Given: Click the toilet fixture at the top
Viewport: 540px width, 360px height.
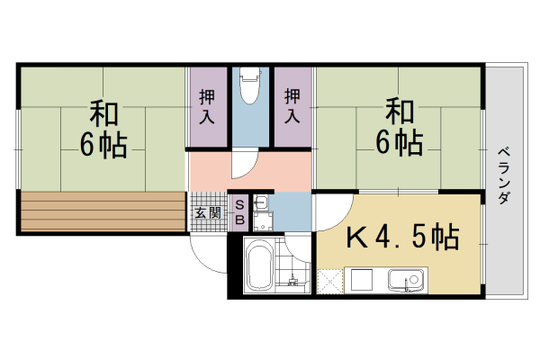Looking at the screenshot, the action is click(x=249, y=85).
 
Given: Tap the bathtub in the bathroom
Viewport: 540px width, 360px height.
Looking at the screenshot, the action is click(x=260, y=265).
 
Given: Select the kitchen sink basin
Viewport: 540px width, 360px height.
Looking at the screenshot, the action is click(x=406, y=279).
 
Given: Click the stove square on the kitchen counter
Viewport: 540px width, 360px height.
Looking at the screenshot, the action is click(x=361, y=280).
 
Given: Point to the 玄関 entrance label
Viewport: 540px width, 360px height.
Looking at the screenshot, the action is click(x=207, y=213).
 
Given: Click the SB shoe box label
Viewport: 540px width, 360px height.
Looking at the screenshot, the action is click(x=239, y=212).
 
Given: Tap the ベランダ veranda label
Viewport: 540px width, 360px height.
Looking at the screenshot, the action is click(x=504, y=175).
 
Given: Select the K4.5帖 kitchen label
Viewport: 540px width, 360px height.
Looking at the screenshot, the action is click(x=402, y=237).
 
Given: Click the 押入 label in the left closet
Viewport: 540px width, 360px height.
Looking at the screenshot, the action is click(x=207, y=106).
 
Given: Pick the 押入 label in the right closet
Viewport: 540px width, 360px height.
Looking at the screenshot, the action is click(x=292, y=106).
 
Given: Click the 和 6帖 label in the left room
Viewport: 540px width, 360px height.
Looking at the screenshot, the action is click(x=103, y=129).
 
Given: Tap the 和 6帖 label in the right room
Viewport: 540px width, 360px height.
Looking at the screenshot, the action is click(x=399, y=128).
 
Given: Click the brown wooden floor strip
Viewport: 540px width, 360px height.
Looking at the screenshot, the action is click(x=103, y=211).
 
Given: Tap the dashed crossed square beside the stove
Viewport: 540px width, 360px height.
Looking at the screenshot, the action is click(x=330, y=282).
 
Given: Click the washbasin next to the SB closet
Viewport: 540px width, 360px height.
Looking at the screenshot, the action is click(x=261, y=203).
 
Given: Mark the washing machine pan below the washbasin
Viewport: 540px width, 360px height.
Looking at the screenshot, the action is click(x=263, y=221).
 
